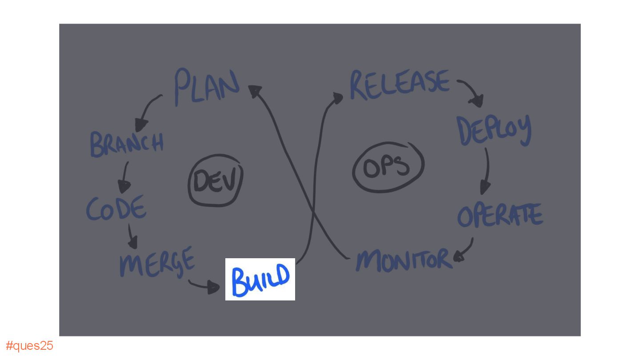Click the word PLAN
click(x=207, y=87)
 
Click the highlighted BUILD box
click(x=260, y=279)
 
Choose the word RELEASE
click(x=399, y=84)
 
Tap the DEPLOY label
click(x=494, y=129)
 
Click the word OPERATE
click(x=500, y=216)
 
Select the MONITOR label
click(x=404, y=260)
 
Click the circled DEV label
click(x=216, y=180)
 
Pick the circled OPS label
click(x=387, y=167)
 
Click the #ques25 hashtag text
click(x=29, y=346)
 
